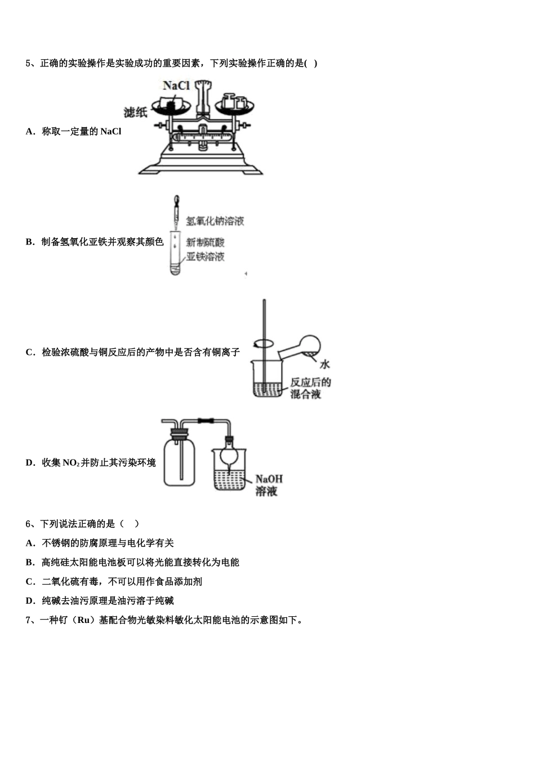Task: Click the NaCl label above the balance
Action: point(176,86)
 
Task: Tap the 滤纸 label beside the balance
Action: point(136,112)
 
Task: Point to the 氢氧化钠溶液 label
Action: point(215,221)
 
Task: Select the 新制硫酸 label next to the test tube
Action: point(206,243)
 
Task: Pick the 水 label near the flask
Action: point(324,364)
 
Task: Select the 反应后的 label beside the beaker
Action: point(310,382)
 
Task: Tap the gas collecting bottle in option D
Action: point(180,459)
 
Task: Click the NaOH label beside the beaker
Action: point(269,479)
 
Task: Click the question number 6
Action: point(28,524)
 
